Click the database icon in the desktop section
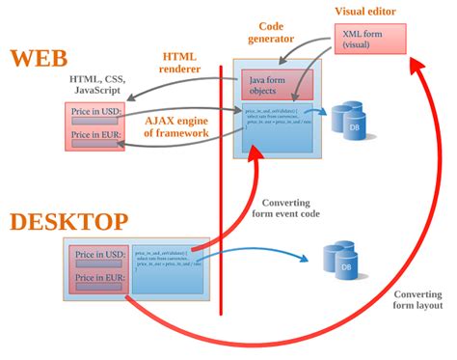344,258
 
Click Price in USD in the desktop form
101,254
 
